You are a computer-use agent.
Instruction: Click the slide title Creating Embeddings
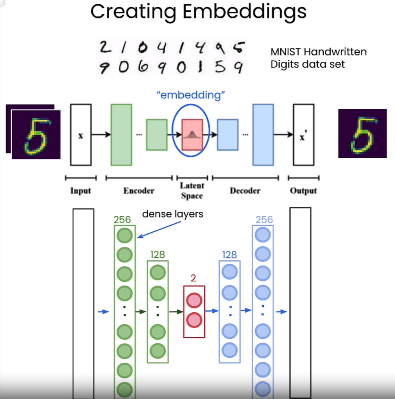click(x=198, y=12)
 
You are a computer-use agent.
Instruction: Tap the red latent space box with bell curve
click(x=192, y=135)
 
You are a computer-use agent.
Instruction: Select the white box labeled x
click(x=81, y=135)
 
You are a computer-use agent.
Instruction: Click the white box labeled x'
click(x=303, y=135)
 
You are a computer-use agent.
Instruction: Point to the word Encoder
click(x=139, y=191)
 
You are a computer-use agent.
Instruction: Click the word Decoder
click(x=245, y=191)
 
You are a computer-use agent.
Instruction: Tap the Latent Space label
click(x=192, y=191)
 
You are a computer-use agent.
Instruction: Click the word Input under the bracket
click(x=80, y=191)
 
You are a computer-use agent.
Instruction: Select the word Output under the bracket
click(x=303, y=191)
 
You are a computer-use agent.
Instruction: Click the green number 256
click(x=122, y=220)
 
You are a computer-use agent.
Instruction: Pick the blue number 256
click(x=264, y=220)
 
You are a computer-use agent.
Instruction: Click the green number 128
click(x=157, y=255)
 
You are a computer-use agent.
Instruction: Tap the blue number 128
click(x=229, y=255)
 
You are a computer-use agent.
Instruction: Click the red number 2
click(x=193, y=278)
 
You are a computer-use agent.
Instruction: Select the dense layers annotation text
click(x=172, y=214)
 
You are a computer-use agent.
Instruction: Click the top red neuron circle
click(x=194, y=301)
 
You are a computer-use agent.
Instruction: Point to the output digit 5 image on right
click(x=362, y=133)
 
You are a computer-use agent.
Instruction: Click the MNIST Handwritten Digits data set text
click(x=318, y=58)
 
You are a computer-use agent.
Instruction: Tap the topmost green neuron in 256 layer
click(x=125, y=235)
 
